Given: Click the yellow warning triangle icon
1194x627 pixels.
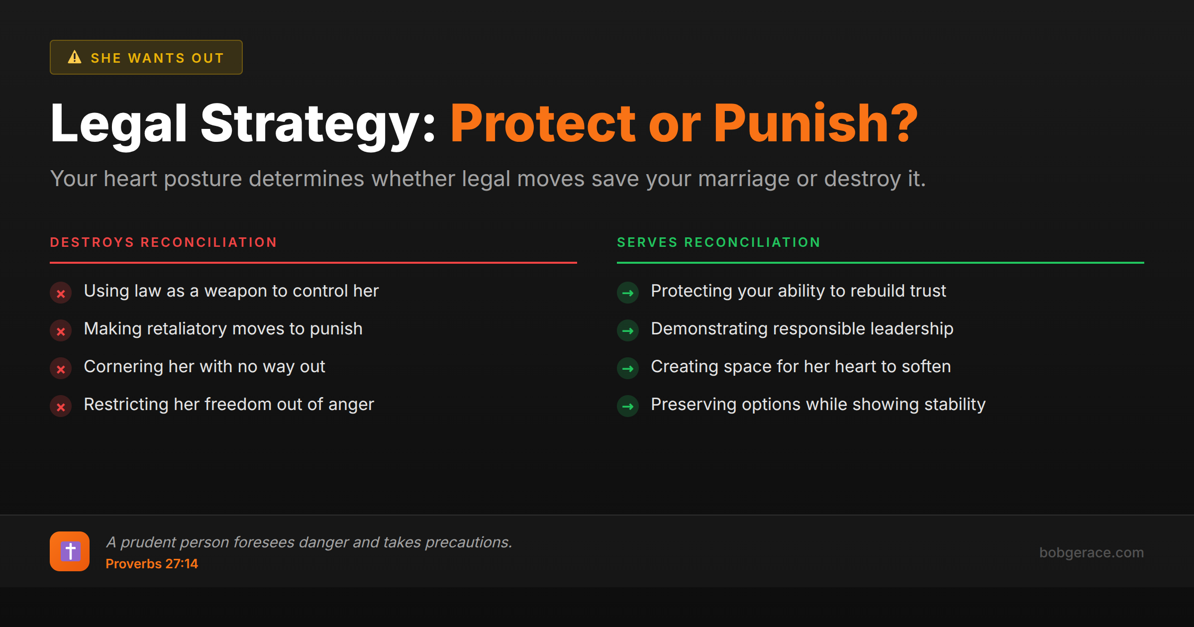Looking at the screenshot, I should (x=75, y=57).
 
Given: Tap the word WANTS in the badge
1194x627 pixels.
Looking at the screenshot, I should (x=156, y=58).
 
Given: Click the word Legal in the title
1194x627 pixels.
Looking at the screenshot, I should (x=118, y=123).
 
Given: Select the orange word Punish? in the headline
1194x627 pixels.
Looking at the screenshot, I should (x=815, y=123).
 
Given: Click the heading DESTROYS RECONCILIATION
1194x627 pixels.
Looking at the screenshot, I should (x=163, y=242).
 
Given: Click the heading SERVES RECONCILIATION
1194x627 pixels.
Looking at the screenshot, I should (x=718, y=242).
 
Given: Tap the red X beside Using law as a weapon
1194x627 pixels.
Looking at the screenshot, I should (x=61, y=294).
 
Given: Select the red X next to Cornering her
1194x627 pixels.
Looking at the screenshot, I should (x=61, y=369).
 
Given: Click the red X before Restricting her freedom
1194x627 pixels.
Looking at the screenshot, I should (x=61, y=407).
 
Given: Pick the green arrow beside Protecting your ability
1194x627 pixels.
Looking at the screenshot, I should (x=628, y=293).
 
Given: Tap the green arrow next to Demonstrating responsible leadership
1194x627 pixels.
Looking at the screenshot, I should (x=628, y=331).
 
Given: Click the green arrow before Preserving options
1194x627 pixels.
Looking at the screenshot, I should (x=628, y=407).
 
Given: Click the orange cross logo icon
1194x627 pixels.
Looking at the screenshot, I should (x=70, y=551).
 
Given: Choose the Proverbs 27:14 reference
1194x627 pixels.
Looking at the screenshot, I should (x=152, y=564).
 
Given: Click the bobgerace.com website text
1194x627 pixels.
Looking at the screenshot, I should (x=1091, y=552).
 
